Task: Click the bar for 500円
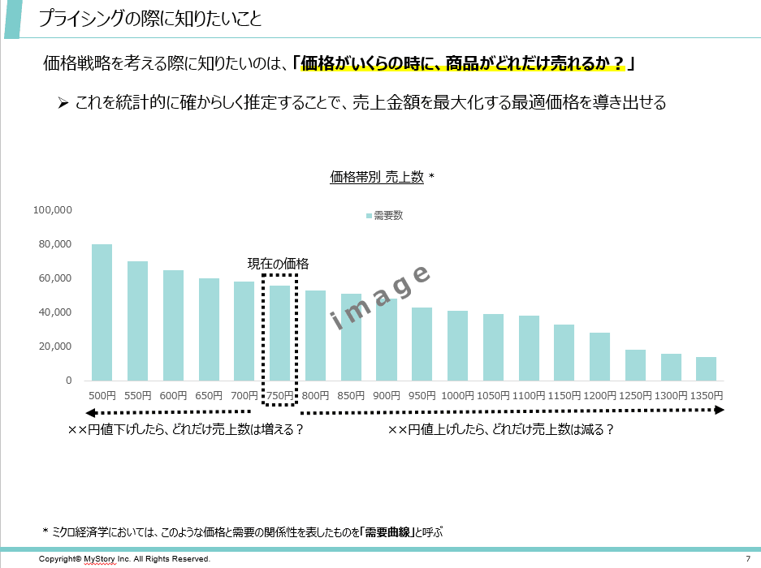pyautogui.click(x=102, y=312)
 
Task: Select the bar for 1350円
pyautogui.click(x=706, y=368)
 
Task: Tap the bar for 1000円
pyautogui.click(x=457, y=346)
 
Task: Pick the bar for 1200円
pyautogui.click(x=599, y=356)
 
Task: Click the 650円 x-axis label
pyautogui.click(x=209, y=395)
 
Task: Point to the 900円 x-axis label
pyautogui.click(x=386, y=395)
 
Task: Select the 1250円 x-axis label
pyautogui.click(x=635, y=395)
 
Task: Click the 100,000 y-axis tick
pyautogui.click(x=53, y=210)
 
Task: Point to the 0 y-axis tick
pyautogui.click(x=68, y=381)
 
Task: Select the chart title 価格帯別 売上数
pyautogui.click(x=377, y=177)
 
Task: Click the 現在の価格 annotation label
pyautogui.click(x=278, y=264)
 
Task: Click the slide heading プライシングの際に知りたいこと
pyautogui.click(x=151, y=19)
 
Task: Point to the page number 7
pyautogui.click(x=747, y=559)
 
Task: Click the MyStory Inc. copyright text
pyautogui.click(x=124, y=559)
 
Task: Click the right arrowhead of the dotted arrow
pyautogui.click(x=718, y=411)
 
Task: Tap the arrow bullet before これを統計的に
pyautogui.click(x=63, y=103)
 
